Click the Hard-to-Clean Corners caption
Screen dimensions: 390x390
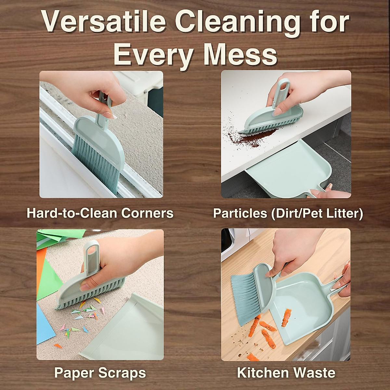pyautogui.click(x=100, y=213)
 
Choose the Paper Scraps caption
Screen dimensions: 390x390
pyautogui.click(x=100, y=372)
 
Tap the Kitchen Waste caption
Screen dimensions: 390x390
pyautogui.click(x=286, y=372)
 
